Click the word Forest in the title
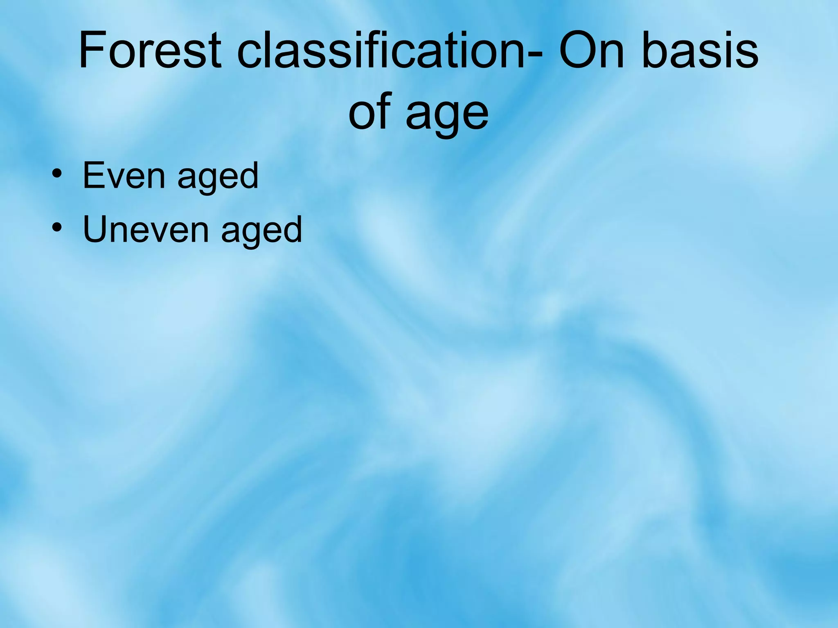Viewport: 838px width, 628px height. [150, 51]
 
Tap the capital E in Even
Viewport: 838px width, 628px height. [93, 176]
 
